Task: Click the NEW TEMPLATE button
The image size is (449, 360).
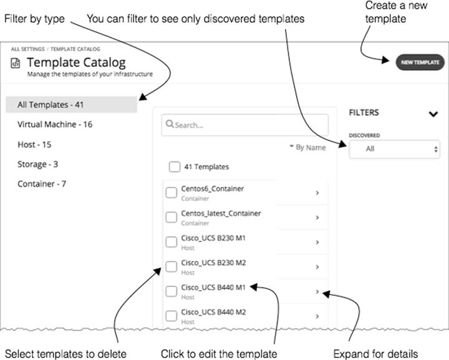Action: click(420, 62)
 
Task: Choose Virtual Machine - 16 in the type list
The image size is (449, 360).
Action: click(55, 124)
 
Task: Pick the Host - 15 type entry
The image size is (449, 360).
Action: click(34, 144)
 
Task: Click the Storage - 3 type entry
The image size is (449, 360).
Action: click(41, 164)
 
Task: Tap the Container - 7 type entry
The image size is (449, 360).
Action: click(42, 184)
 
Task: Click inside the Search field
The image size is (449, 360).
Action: click(244, 125)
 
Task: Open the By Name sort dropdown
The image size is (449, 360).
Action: click(307, 148)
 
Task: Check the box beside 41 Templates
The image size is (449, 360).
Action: click(175, 167)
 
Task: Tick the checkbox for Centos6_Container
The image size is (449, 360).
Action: click(171, 193)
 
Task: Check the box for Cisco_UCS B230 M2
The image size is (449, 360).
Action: click(171, 267)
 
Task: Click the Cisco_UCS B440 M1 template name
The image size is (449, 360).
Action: click(213, 288)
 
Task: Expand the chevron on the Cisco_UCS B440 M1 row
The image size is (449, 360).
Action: click(317, 291)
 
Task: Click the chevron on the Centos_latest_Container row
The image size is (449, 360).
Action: click(317, 218)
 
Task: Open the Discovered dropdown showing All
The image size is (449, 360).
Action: click(394, 149)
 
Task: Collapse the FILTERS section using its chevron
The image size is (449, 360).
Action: click(433, 114)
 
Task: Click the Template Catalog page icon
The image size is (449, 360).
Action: click(16, 64)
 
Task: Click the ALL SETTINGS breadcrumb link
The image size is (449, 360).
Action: click(28, 49)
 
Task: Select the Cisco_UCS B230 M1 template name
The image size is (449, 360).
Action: click(213, 238)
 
